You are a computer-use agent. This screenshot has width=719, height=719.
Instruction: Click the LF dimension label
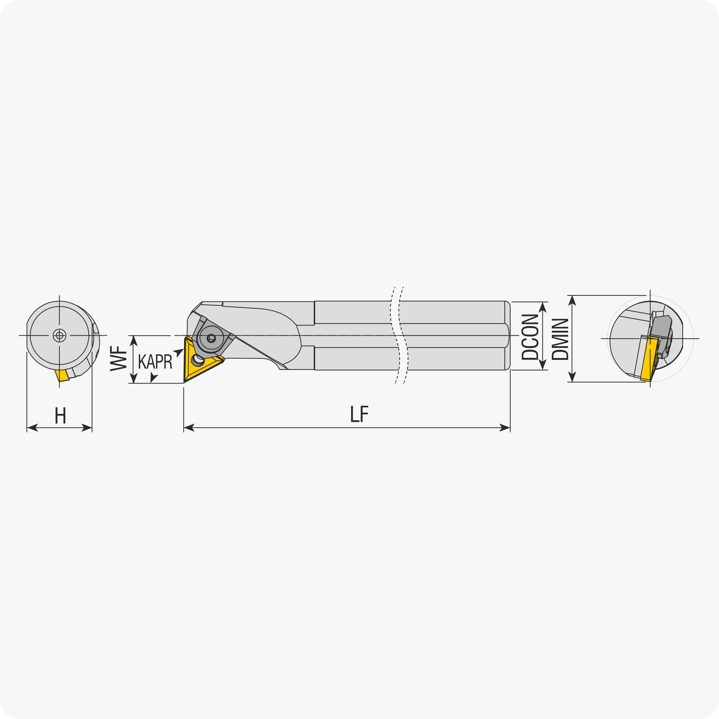tap(359, 414)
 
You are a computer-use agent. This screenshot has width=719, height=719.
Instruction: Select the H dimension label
tap(60, 415)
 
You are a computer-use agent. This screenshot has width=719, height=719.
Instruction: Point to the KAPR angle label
tap(155, 361)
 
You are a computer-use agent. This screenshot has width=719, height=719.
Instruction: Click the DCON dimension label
tap(530, 337)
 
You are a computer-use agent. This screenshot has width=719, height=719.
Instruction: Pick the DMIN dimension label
tap(560, 339)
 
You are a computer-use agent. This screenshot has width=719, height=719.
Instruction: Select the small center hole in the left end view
tap(60, 335)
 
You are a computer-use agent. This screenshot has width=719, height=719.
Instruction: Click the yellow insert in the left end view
tap(62, 375)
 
